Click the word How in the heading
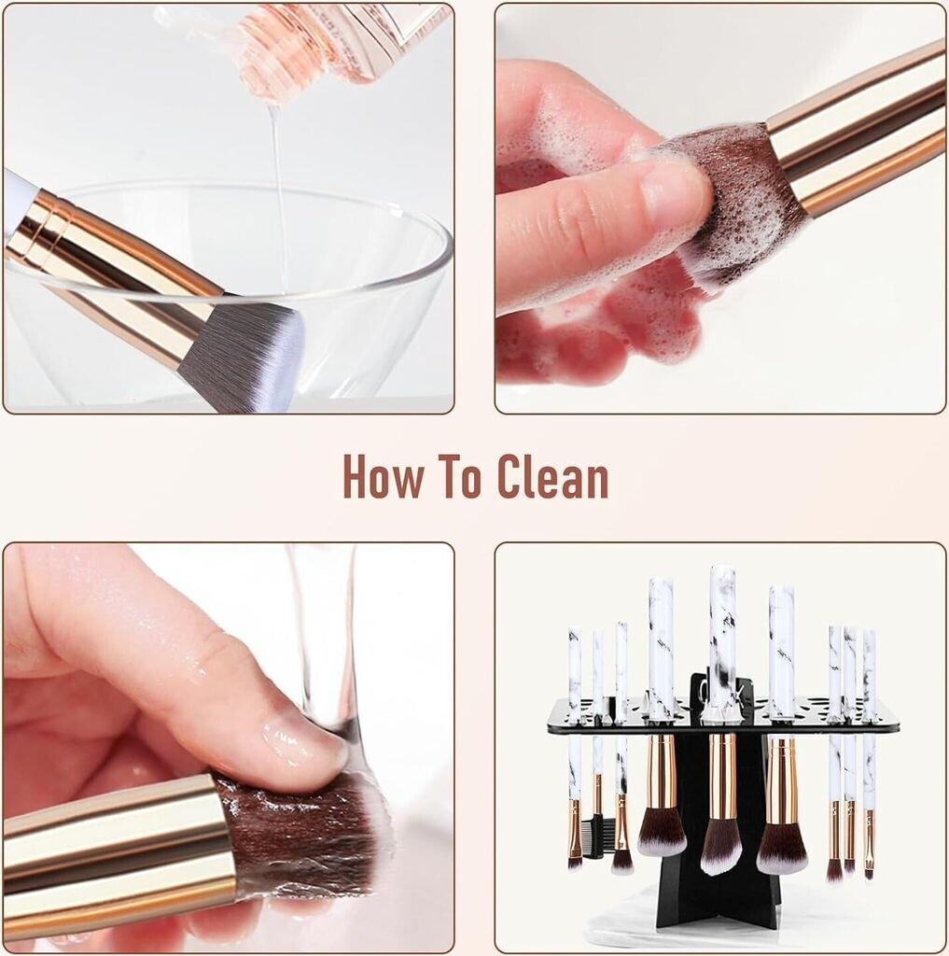click(x=382, y=475)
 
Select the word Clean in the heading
click(x=552, y=475)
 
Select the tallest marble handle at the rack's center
click(x=721, y=640)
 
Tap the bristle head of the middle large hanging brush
click(x=721, y=841)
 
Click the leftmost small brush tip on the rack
click(x=574, y=860)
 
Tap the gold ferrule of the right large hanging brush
click(x=781, y=780)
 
